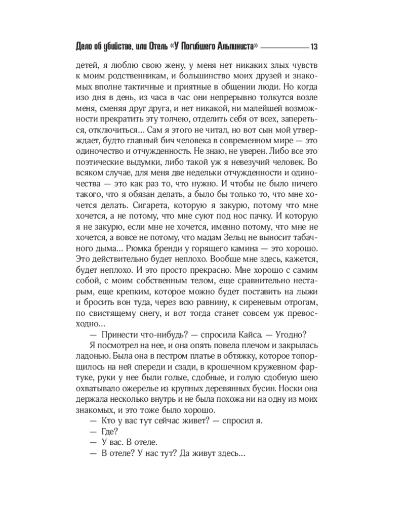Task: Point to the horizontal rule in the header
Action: (285, 47)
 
